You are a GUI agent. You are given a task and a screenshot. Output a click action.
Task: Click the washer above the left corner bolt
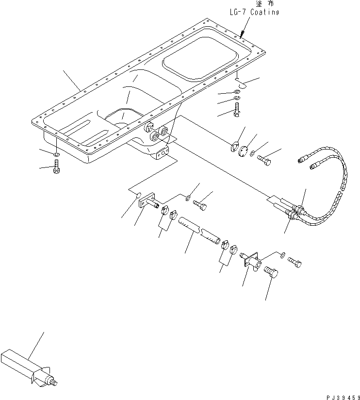pos(56,154)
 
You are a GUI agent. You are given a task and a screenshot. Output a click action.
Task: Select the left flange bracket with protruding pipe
pos(147,202)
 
